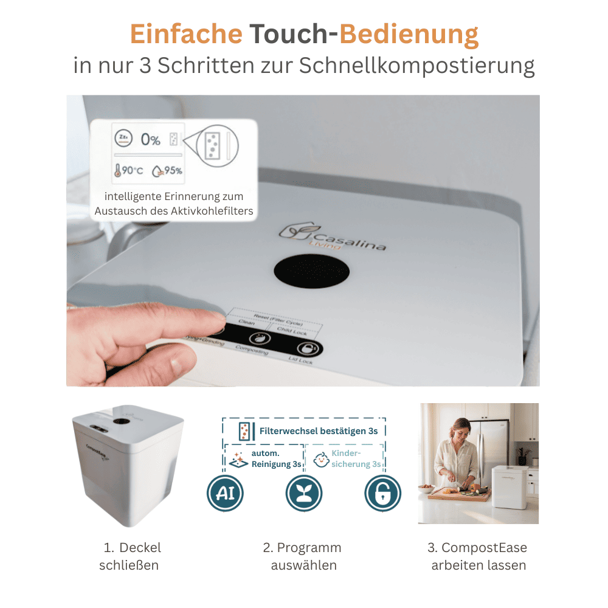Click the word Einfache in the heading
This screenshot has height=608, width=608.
[x=185, y=35]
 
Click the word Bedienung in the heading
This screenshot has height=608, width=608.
[x=409, y=35]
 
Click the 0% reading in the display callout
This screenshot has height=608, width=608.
[x=150, y=139]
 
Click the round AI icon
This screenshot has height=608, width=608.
[x=225, y=492]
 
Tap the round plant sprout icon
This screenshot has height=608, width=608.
[x=304, y=492]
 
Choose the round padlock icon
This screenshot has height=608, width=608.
[x=382, y=492]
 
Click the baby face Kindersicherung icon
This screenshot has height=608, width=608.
[x=320, y=459]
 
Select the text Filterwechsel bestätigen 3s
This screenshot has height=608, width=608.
[x=319, y=431]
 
